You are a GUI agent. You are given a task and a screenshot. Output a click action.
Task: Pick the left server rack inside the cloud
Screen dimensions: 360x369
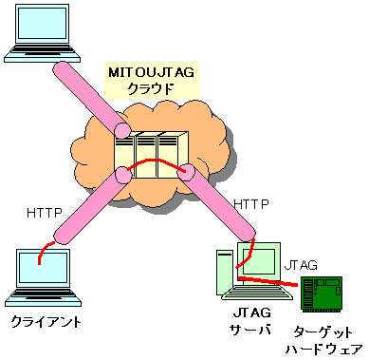click(x=124, y=154)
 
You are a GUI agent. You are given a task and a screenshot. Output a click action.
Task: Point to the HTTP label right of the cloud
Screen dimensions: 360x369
click(x=251, y=203)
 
